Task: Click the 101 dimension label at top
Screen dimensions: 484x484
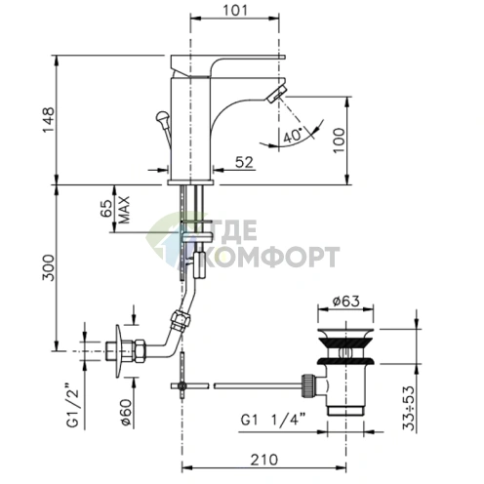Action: pyautogui.click(x=235, y=10)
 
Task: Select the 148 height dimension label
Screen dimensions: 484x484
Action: pyautogui.click(x=49, y=120)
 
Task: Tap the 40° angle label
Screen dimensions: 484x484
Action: pyautogui.click(x=293, y=136)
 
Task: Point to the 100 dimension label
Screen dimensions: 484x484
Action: pyautogui.click(x=339, y=141)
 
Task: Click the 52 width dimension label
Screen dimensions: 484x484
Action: pyautogui.click(x=244, y=162)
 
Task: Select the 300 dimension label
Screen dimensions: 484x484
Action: pyautogui.click(x=49, y=267)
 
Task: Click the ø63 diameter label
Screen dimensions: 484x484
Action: pyautogui.click(x=345, y=302)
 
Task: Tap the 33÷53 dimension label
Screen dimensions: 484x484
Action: pyautogui.click(x=411, y=408)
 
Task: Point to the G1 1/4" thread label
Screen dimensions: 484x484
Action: pyautogui.click(x=273, y=419)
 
